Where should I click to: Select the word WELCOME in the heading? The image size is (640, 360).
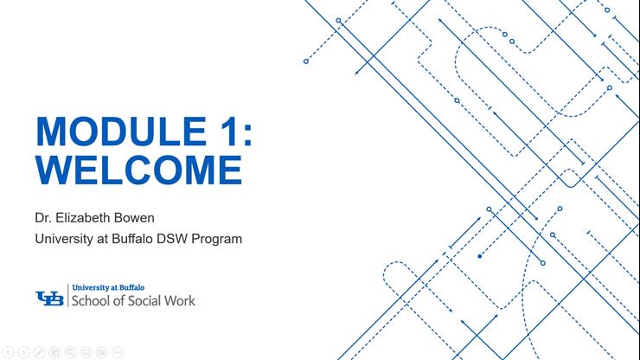click(x=138, y=169)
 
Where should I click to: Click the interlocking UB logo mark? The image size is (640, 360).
click(x=49, y=297)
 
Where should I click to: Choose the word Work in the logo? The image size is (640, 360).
click(x=182, y=301)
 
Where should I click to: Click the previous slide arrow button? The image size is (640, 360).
click(x=8, y=352)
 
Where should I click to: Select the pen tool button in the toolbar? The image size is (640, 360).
click(x=39, y=352)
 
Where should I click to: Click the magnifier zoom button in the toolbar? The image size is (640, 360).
click(x=70, y=352)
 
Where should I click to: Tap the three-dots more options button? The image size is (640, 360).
click(x=118, y=352)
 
